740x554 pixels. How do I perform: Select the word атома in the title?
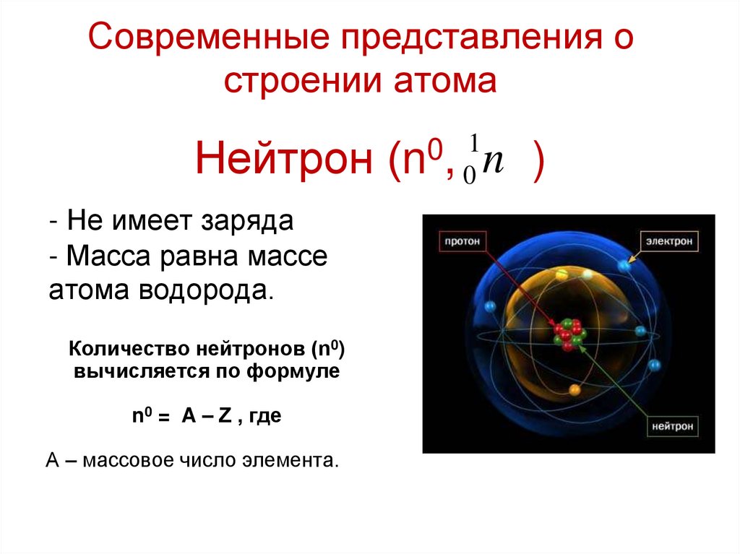point(444,81)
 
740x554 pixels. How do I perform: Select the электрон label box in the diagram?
point(668,241)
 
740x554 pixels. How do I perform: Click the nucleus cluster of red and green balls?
point(568,334)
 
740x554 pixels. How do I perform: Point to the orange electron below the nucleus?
point(575,391)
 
